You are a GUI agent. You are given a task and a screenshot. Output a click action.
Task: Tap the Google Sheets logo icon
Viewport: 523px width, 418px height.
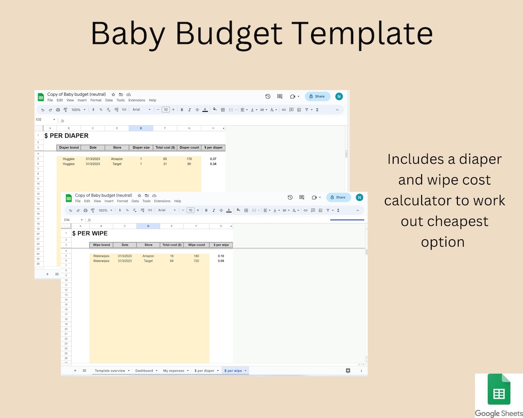click(x=498, y=389)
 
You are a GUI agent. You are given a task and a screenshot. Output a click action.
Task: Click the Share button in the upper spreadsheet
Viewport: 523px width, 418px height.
click(x=317, y=96)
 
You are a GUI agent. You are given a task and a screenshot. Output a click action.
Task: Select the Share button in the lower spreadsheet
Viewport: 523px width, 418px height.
click(x=339, y=197)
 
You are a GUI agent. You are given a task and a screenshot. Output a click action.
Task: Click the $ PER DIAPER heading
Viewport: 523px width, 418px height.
click(x=67, y=136)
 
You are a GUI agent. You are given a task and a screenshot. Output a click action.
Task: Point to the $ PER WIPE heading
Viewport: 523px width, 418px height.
click(x=90, y=233)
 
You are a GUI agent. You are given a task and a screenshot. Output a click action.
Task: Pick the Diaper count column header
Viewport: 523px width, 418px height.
click(x=189, y=148)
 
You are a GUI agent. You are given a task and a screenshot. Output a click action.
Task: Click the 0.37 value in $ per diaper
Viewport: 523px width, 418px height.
click(x=213, y=159)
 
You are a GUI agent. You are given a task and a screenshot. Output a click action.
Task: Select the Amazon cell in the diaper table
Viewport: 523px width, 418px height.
click(x=117, y=159)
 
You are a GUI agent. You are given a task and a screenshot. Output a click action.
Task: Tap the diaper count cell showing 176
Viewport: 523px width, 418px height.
click(x=189, y=159)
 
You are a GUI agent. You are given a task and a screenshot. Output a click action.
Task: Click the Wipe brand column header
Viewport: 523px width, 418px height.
click(x=101, y=245)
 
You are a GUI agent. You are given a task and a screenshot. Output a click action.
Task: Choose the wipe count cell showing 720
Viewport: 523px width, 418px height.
click(x=196, y=261)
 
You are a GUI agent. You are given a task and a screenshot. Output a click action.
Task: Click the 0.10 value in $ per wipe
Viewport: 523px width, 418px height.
click(x=221, y=256)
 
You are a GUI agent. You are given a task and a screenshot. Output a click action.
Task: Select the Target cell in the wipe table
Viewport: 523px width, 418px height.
click(x=148, y=261)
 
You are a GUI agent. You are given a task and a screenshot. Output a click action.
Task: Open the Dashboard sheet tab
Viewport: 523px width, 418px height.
click(x=144, y=370)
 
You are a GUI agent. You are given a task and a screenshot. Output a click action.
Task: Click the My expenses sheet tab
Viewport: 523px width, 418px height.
click(x=173, y=370)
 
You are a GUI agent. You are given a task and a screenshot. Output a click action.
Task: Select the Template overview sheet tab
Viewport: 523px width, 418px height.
click(x=110, y=370)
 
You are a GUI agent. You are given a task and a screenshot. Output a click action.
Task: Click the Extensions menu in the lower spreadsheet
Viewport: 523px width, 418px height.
click(x=162, y=201)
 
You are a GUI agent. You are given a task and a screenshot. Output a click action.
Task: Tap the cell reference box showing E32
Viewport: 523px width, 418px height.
click(x=39, y=120)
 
